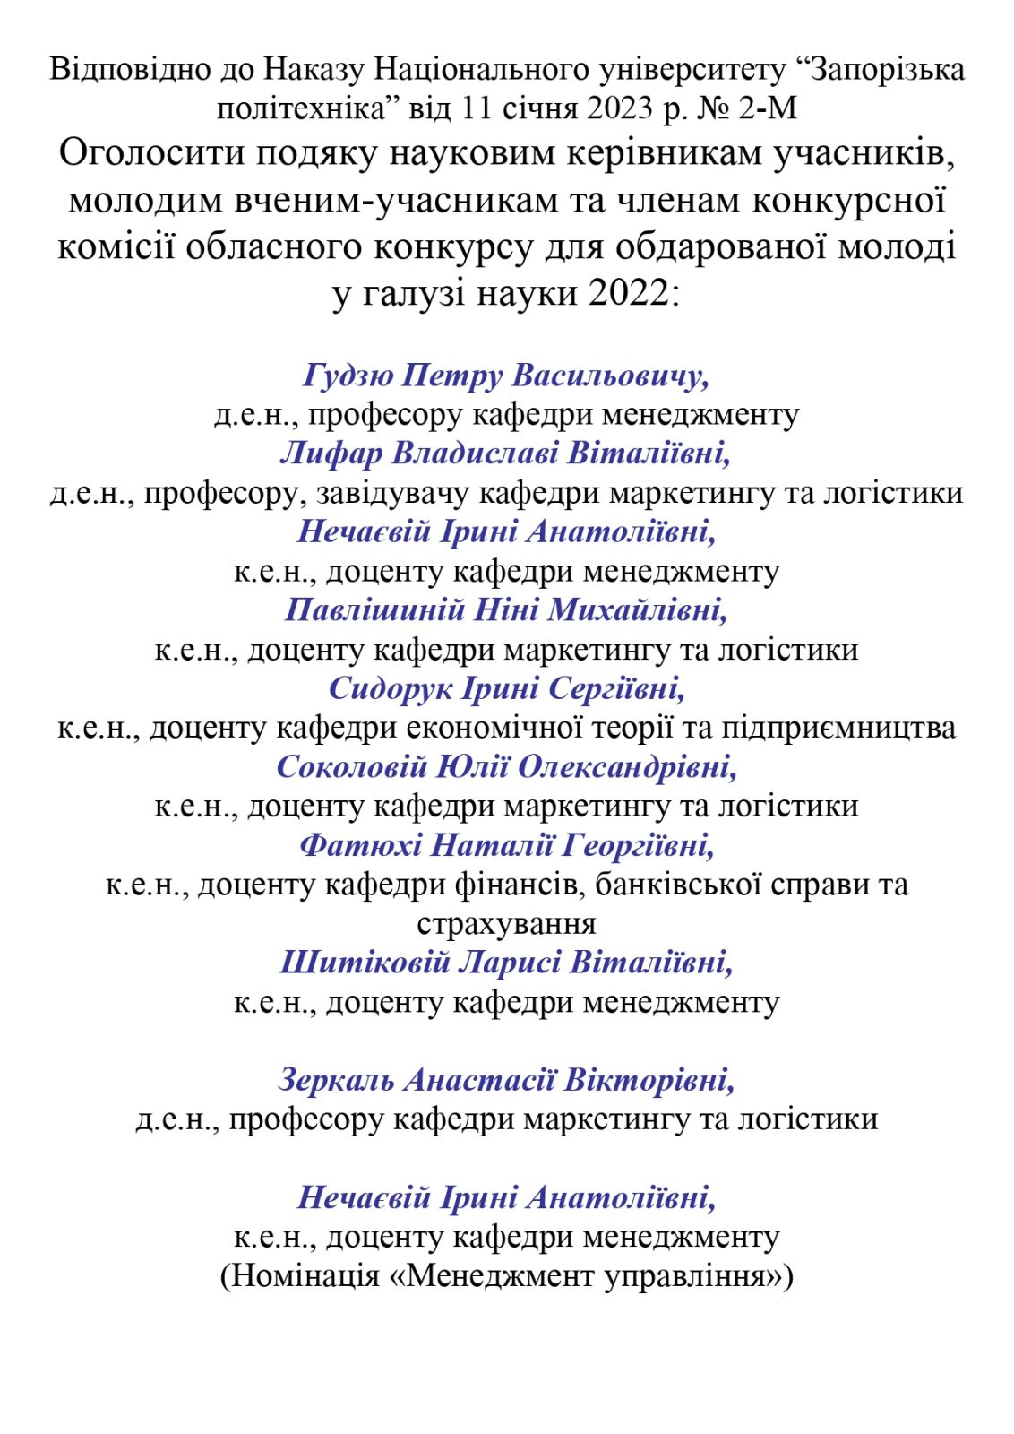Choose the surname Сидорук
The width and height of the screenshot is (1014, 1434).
(391, 688)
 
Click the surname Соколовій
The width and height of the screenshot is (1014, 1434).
(351, 766)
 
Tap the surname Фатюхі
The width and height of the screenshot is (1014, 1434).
(360, 844)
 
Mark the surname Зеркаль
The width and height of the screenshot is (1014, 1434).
(336, 1080)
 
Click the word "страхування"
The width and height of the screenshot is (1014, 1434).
(506, 923)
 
